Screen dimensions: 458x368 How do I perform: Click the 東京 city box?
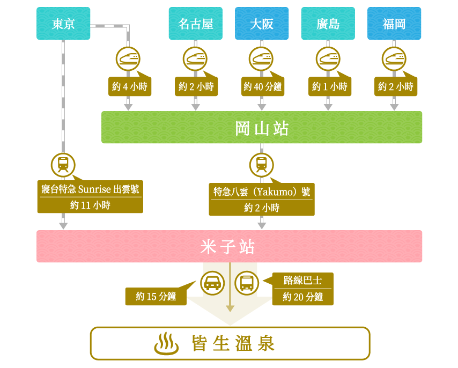click(63, 24)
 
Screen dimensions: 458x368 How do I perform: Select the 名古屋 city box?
click(195, 24)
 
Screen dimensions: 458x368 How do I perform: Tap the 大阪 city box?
click(262, 24)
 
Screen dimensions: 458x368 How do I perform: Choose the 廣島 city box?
click(328, 24)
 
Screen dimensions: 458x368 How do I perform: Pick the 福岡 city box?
click(394, 24)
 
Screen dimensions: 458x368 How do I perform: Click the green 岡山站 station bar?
click(262, 127)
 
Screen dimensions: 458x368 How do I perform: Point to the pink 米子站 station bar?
click(230, 246)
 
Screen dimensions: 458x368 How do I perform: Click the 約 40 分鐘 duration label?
click(263, 86)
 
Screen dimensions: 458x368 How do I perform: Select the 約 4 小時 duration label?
click(130, 86)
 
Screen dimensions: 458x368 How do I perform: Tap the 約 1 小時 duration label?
click(330, 86)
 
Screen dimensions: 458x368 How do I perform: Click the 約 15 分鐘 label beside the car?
click(156, 297)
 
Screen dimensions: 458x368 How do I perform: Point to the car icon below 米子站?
click(212, 283)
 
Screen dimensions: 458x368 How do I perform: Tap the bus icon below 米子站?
click(247, 283)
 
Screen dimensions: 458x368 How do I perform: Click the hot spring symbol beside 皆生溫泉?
click(166, 343)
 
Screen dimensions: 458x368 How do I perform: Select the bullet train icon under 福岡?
click(394, 59)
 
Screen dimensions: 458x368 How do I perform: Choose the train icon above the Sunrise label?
click(63, 165)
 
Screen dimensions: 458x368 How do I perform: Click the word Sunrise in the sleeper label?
click(94, 189)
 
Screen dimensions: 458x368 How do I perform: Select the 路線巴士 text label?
click(302, 281)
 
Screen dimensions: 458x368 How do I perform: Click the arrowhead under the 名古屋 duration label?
click(195, 107)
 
